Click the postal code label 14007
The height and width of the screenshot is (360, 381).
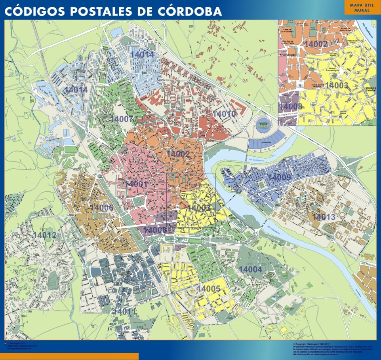coord(121,119)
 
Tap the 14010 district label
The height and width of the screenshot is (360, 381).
coord(225,114)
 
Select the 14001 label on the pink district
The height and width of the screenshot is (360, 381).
coord(137,184)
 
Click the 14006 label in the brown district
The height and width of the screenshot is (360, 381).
coord(101,207)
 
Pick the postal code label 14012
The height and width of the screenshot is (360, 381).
coord(44,235)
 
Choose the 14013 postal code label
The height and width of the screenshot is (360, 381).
coord(324,217)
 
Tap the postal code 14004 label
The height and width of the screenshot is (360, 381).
coord(250,269)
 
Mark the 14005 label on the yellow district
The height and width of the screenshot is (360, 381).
coord(208,289)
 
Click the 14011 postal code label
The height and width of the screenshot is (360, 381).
coord(124,312)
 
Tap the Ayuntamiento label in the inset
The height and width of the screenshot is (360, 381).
coord(288,55)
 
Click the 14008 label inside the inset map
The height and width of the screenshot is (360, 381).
coord(291,106)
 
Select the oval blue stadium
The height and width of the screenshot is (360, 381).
coord(261,125)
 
